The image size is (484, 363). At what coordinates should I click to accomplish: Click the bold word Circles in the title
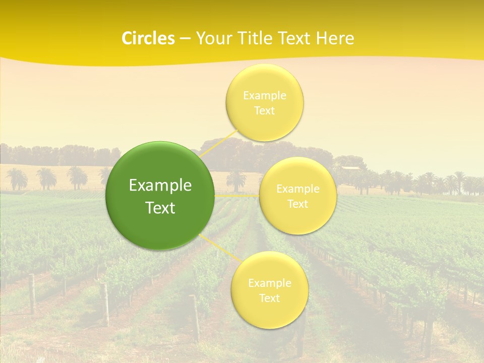(148, 38)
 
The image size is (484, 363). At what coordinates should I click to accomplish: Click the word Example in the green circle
(160, 186)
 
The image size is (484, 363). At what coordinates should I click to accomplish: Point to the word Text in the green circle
(160, 208)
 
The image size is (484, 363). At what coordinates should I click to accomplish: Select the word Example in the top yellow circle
(264, 95)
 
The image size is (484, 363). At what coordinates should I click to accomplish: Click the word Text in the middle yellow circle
(297, 204)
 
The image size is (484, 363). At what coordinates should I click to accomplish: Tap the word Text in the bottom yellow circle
(269, 298)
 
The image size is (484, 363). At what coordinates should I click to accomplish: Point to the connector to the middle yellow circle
(237, 196)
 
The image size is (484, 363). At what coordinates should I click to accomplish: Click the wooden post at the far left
(31, 293)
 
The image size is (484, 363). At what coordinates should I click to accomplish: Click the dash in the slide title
(185, 38)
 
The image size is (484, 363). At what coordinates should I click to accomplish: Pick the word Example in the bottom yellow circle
(269, 283)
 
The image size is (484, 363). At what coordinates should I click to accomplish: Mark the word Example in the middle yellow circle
(297, 189)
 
